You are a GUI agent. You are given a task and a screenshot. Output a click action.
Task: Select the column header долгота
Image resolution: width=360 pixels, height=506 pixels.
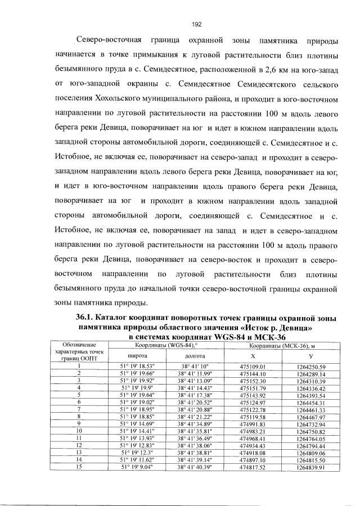click(195, 356)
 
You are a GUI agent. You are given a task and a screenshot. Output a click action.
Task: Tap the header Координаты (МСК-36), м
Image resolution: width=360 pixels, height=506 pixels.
click(281, 345)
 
